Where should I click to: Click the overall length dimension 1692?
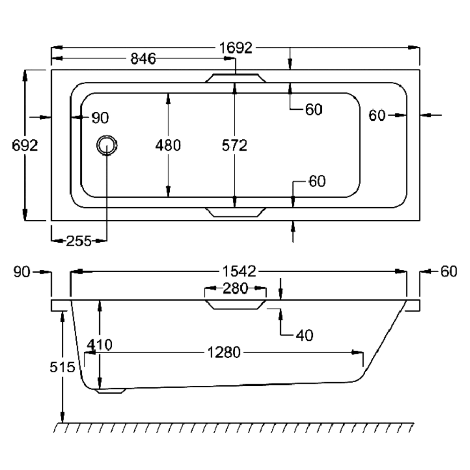236,48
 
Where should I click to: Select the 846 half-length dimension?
143,59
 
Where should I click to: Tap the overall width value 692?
24,145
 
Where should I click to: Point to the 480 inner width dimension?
168,145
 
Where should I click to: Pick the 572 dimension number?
234,145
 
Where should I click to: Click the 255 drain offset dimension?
79,241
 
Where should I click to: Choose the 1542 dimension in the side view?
239,271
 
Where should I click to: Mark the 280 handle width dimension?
235,289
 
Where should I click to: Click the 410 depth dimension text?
99,345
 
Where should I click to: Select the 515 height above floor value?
63,367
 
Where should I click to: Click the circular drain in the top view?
107,145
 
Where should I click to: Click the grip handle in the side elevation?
235,304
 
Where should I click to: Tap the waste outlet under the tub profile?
111,391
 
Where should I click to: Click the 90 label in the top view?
100,118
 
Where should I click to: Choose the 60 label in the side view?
448,271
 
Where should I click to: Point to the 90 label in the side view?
22,271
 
